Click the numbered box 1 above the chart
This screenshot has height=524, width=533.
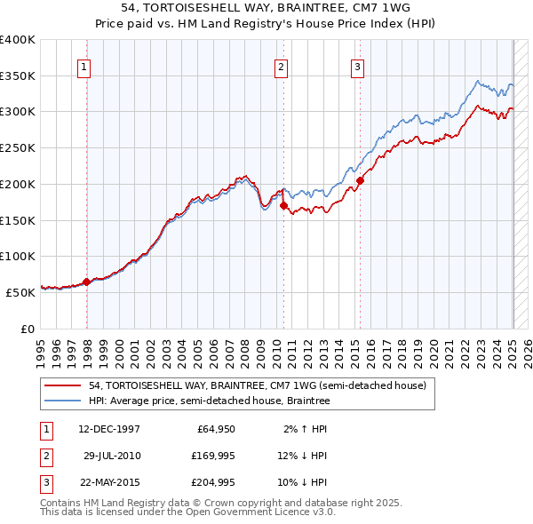(x=84, y=66)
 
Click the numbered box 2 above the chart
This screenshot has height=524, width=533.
(x=281, y=66)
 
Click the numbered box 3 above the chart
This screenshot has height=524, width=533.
(x=357, y=66)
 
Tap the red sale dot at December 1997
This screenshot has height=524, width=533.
(x=87, y=282)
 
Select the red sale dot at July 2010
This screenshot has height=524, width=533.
(x=284, y=205)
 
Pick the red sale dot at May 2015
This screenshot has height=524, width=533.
(x=360, y=180)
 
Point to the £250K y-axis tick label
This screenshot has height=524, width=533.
(x=18, y=147)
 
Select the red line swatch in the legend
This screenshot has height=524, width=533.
(x=62, y=386)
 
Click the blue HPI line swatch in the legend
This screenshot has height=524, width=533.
(x=62, y=401)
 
